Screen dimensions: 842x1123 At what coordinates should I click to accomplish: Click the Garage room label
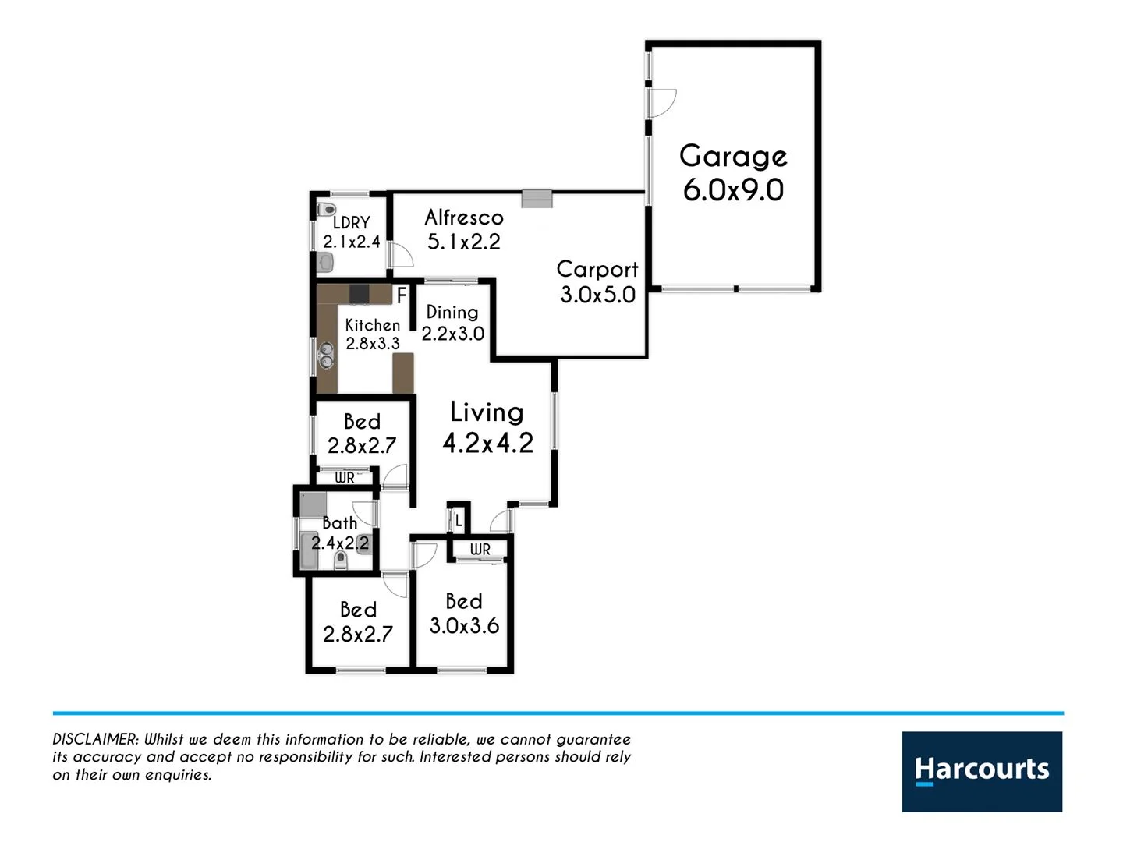tap(733, 157)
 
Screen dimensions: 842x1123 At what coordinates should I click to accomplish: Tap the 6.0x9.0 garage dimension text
tap(733, 190)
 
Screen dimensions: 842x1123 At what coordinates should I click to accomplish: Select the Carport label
tap(597, 270)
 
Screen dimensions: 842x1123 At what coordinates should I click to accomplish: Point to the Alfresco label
tap(464, 218)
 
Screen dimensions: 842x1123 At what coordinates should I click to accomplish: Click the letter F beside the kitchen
tap(402, 296)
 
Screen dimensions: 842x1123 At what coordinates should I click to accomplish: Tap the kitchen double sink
tap(325, 356)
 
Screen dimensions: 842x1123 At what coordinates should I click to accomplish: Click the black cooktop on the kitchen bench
tap(359, 294)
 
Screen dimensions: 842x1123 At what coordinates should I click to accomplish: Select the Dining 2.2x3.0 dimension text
tap(453, 334)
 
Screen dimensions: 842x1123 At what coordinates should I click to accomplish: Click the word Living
tap(487, 412)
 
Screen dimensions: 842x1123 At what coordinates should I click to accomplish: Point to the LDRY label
tap(351, 223)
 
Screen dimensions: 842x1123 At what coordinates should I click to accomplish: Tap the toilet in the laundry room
tap(326, 210)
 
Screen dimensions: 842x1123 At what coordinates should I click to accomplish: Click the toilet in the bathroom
tap(340, 560)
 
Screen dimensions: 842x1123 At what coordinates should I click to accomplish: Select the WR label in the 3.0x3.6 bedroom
tap(480, 550)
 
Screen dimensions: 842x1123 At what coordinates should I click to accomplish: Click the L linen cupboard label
tap(459, 520)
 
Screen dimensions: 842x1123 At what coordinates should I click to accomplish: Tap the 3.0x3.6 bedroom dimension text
tap(464, 626)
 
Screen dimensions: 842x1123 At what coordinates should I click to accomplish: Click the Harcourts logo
tap(982, 771)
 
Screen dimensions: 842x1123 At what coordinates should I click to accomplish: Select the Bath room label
tap(340, 523)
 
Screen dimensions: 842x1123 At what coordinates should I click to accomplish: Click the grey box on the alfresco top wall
tap(537, 198)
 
